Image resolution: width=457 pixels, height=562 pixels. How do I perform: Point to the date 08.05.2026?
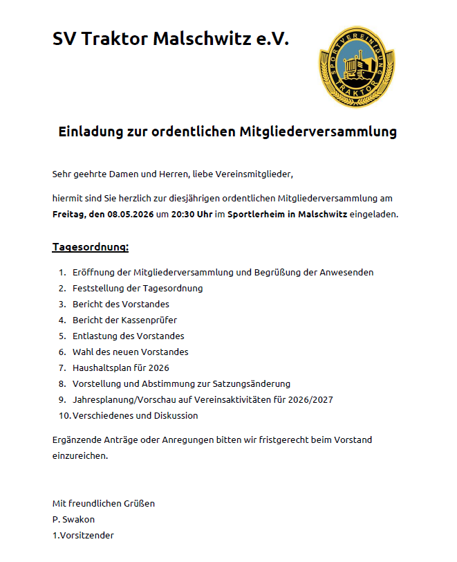[131, 215]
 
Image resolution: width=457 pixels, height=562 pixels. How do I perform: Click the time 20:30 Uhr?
[192, 215]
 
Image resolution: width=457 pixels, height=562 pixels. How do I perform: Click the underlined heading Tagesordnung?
[91, 247]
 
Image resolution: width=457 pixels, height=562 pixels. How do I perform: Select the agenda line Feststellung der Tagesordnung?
[138, 289]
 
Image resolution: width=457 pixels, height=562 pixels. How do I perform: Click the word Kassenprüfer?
[149, 320]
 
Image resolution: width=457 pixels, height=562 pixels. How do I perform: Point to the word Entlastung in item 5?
[95, 336]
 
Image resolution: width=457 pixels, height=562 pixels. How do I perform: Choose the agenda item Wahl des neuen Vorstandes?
[130, 352]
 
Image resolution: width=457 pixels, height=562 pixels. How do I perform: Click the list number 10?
[64, 416]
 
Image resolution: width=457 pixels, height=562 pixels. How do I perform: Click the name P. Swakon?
[73, 519]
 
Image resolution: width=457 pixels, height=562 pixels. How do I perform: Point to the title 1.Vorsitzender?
[83, 535]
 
